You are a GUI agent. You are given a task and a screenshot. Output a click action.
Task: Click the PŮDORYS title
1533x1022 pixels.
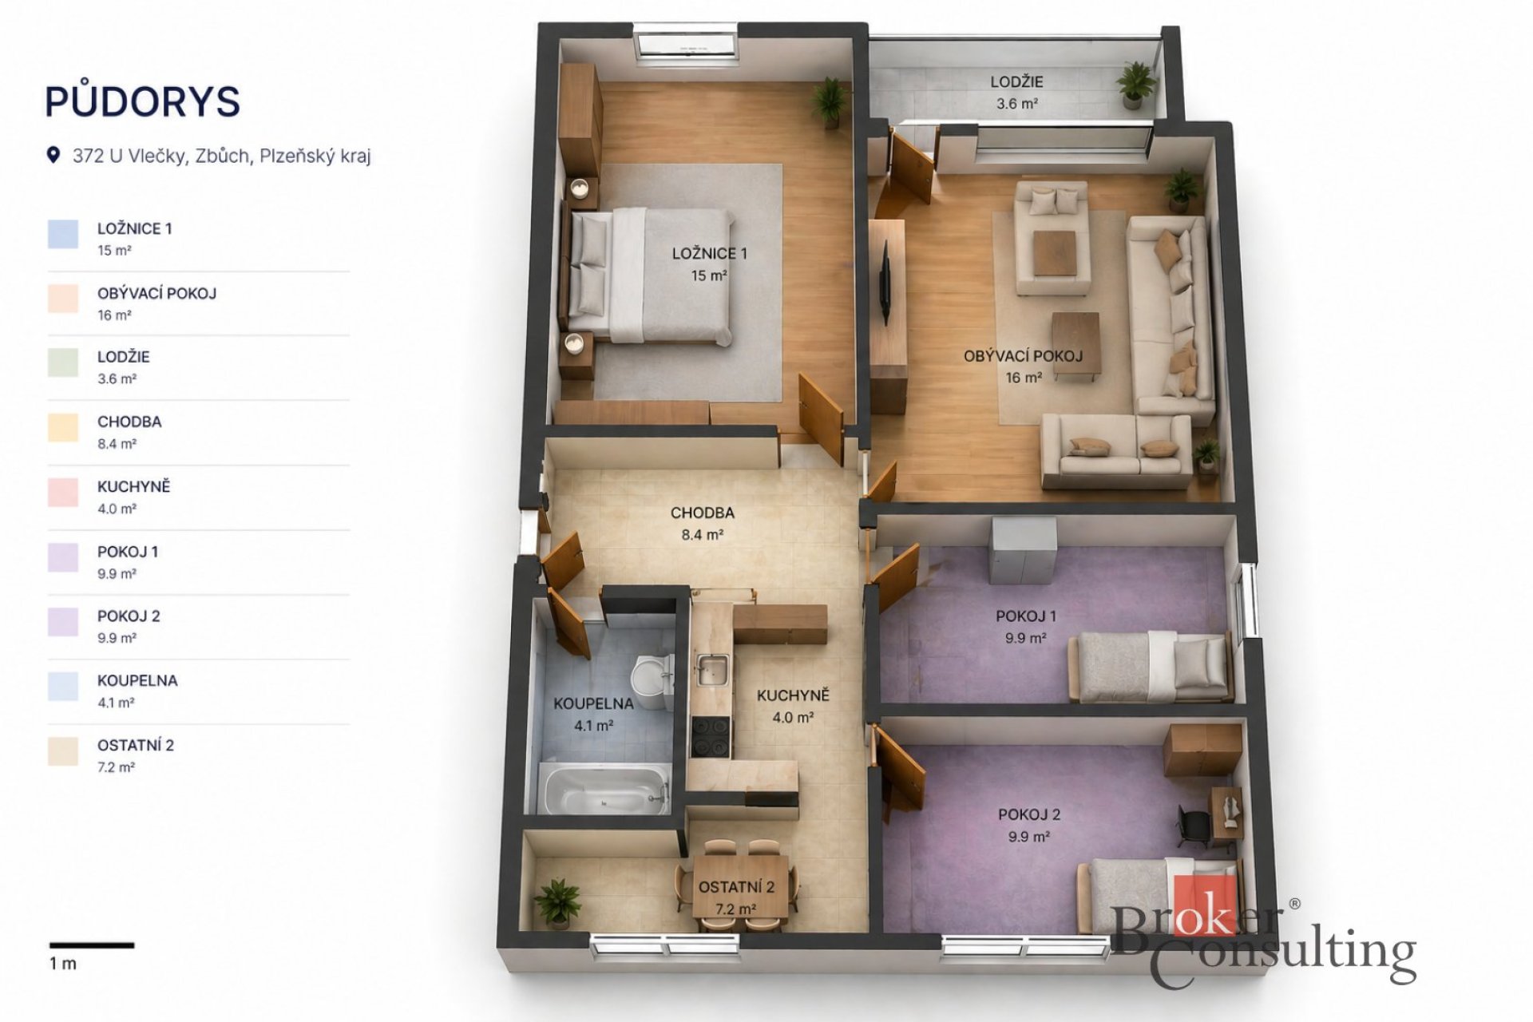point(142,101)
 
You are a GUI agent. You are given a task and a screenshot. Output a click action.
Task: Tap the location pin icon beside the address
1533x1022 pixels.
point(53,155)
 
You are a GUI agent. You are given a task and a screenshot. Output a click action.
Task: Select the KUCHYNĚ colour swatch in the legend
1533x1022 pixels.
point(63,493)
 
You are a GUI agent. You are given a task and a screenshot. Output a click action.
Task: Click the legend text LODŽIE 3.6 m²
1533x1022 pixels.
point(123,367)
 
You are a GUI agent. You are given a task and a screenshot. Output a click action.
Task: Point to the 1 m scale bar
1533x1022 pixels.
point(92,945)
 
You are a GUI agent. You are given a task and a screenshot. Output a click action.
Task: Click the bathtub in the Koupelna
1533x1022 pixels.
point(604,789)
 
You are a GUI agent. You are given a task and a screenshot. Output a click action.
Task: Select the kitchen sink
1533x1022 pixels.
point(711,670)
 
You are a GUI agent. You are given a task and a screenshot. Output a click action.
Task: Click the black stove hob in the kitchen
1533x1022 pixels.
point(711,736)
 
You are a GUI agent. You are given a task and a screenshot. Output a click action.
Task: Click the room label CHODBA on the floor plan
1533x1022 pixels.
point(702,513)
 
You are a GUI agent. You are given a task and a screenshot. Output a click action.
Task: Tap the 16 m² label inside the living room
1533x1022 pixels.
point(1024,378)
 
